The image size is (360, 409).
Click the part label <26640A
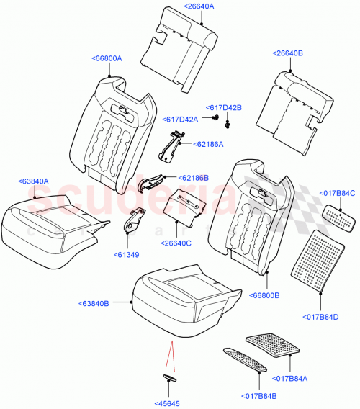tap(203, 6)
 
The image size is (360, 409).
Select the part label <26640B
tap(288, 53)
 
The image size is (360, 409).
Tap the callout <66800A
tap(107, 58)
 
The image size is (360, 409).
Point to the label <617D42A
tap(181, 120)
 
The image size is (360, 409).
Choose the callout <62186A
tap(208, 144)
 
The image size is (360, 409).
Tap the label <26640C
tap(176, 243)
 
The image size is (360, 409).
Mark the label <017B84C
tap(337, 193)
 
